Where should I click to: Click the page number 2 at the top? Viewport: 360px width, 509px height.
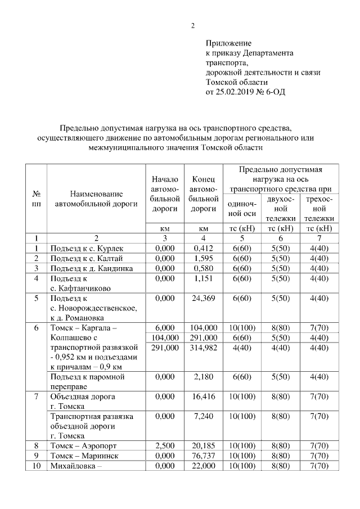192,25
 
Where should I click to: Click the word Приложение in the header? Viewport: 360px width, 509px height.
228,43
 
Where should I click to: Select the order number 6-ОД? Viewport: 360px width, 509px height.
274,92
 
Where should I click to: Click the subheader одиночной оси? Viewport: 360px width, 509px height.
242,209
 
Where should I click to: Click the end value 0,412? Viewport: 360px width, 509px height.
204,248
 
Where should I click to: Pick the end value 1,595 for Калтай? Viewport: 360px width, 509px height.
204,258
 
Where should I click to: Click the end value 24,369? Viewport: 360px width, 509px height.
204,299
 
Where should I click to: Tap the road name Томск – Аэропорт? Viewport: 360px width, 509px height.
83,446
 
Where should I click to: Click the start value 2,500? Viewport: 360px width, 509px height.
165,446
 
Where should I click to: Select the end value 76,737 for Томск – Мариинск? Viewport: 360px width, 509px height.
204,456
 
